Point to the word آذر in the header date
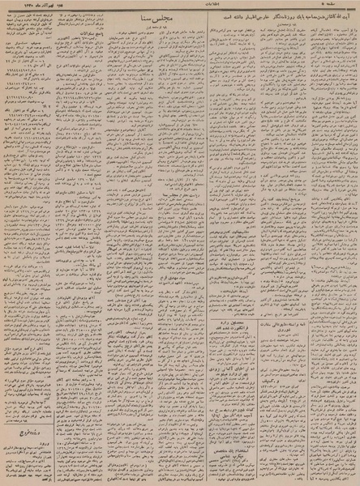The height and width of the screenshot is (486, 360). click(42, 6)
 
